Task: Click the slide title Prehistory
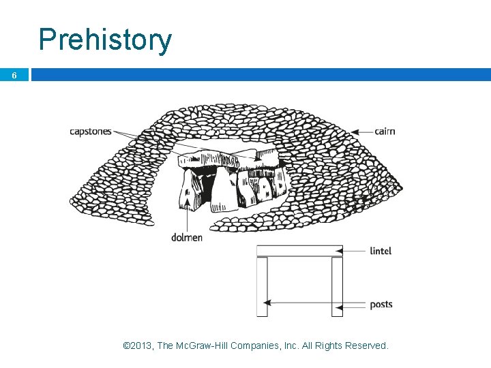pyautogui.click(x=105, y=40)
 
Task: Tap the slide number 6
pyautogui.click(x=14, y=76)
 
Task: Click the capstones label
pyautogui.click(x=90, y=132)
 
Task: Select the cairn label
pyautogui.click(x=385, y=131)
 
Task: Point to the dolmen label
pyautogui.click(x=187, y=237)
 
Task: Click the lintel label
pyautogui.click(x=381, y=251)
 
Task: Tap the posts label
pyautogui.click(x=381, y=304)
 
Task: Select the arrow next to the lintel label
pyautogui.click(x=354, y=251)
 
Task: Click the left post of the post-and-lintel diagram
pyautogui.click(x=262, y=286)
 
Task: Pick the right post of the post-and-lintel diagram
pyautogui.click(x=337, y=286)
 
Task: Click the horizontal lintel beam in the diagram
pyautogui.click(x=299, y=251)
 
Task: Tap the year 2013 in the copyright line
pyautogui.click(x=142, y=346)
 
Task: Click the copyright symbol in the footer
pyautogui.click(x=125, y=346)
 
